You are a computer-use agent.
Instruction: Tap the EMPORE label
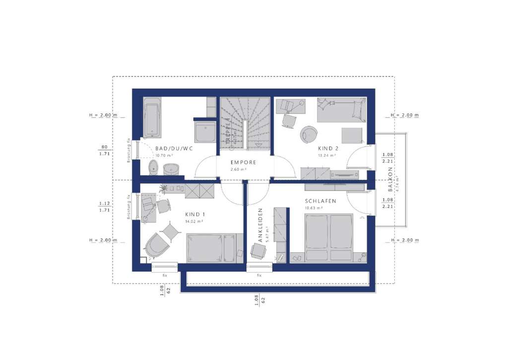click(243, 162)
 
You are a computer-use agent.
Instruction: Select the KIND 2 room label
click(328, 148)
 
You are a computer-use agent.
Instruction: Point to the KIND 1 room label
click(195, 215)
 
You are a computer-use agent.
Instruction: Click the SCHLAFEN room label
click(320, 201)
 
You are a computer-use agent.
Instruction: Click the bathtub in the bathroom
click(152, 117)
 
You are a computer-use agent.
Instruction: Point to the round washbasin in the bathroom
click(172, 168)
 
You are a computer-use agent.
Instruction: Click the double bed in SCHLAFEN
click(328, 237)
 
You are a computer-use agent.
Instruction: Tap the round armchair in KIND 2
click(309, 134)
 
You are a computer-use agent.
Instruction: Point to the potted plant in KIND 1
click(163, 188)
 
